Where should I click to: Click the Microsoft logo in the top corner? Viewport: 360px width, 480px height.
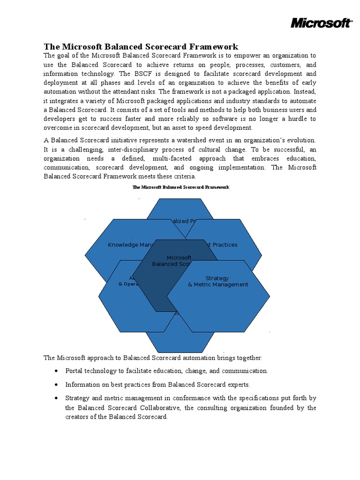point(321,22)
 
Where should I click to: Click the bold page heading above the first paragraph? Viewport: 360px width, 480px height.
point(141,46)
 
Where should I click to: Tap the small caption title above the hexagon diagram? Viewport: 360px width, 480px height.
point(180,187)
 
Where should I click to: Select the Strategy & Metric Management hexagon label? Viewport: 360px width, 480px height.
point(217,281)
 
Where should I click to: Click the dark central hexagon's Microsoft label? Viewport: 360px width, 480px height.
point(179,258)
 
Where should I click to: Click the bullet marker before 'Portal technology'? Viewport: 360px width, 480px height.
point(56,371)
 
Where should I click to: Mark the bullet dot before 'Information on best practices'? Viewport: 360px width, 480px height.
point(56,384)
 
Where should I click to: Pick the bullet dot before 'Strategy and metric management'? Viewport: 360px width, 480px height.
point(56,398)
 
